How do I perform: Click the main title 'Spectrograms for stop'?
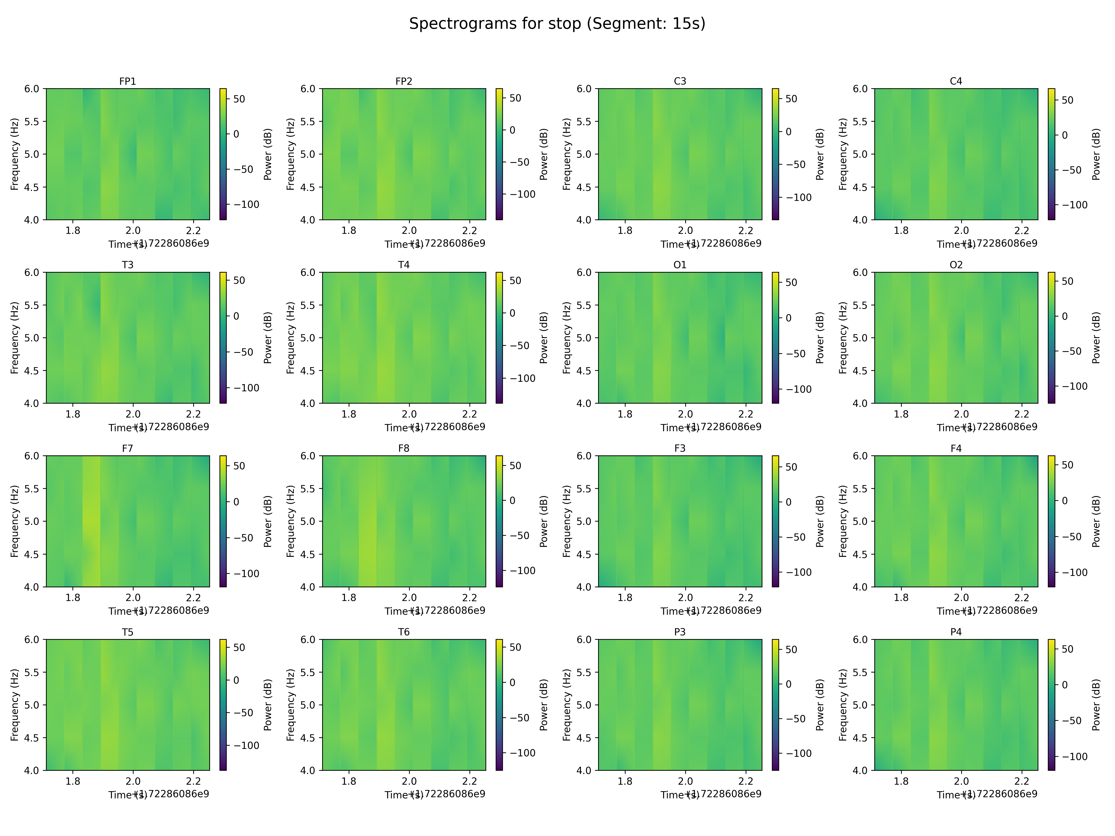557,24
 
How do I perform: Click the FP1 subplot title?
128,81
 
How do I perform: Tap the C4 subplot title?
956,81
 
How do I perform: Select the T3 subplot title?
128,265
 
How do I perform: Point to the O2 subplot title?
956,265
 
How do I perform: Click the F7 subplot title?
128,448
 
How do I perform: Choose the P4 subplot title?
956,631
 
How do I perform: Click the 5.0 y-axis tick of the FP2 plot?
308,154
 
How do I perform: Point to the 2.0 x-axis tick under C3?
685,230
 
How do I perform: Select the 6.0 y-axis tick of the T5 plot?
31,640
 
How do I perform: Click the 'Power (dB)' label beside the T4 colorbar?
543,338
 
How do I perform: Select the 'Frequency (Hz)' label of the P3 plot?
567,705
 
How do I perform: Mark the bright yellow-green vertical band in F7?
91,521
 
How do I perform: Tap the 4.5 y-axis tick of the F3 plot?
584,554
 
